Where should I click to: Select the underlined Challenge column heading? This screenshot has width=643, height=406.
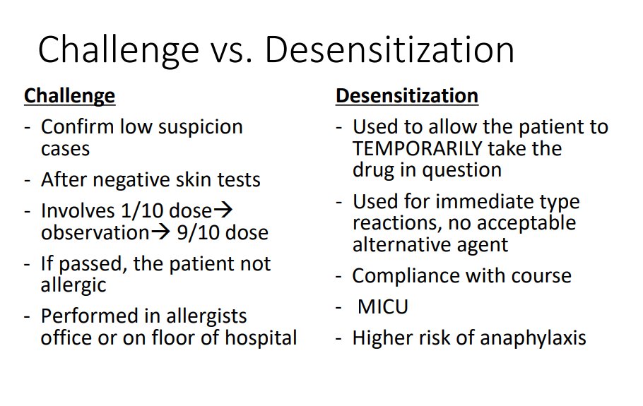pyautogui.click(x=69, y=95)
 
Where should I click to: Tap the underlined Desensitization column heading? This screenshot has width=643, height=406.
pyautogui.click(x=406, y=95)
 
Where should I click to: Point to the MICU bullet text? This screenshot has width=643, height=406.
pyautogui.click(x=383, y=307)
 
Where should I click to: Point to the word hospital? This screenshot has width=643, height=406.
pyautogui.click(x=261, y=338)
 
